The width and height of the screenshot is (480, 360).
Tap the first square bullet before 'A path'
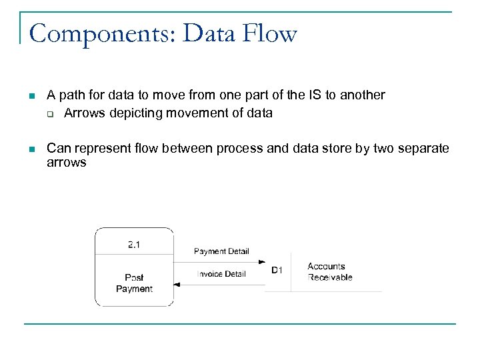(x=31, y=96)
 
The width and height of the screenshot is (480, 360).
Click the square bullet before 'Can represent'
(x=31, y=149)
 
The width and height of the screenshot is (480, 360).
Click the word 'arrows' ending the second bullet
(x=66, y=163)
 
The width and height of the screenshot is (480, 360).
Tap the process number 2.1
(x=134, y=245)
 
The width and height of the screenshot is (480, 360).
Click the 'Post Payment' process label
(x=134, y=283)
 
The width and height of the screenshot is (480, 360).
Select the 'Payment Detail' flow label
(x=221, y=251)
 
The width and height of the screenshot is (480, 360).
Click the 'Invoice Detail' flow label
(x=222, y=274)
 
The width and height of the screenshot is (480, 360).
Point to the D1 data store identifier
(x=277, y=270)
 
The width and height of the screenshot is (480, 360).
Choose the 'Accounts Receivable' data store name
(x=330, y=272)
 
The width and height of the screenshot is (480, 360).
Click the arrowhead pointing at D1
(x=262, y=262)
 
